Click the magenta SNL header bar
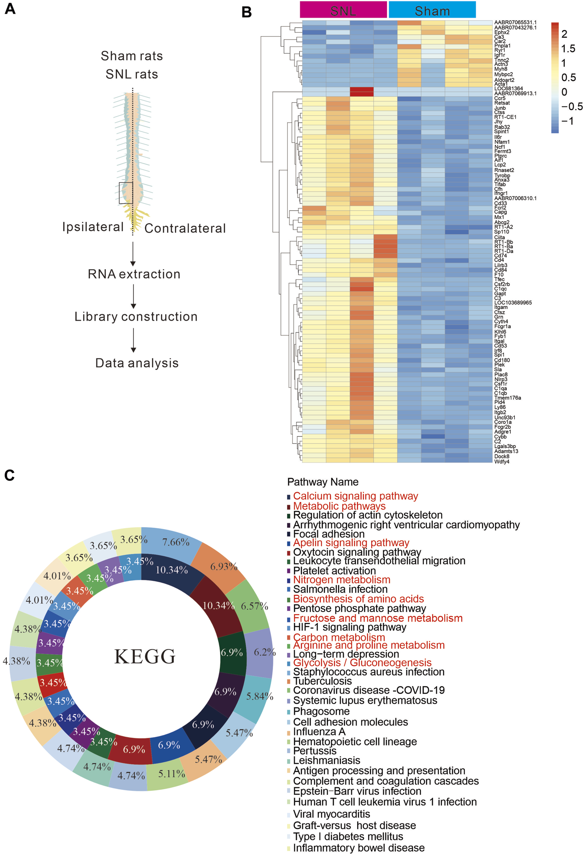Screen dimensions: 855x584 coord(343,10)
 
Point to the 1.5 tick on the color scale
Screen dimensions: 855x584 coord(568,49)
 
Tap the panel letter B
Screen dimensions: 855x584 coord(246,12)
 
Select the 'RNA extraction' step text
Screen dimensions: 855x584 coord(134,274)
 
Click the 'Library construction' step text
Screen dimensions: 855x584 coord(136,316)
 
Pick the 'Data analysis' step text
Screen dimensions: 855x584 coord(137,363)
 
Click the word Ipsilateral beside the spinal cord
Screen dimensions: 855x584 coord(93,227)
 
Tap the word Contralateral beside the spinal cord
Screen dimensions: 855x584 coord(185,228)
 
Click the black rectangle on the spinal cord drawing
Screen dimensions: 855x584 coord(126,193)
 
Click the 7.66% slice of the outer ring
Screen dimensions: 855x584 coord(176,542)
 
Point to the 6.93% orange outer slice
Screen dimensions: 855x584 coord(223,567)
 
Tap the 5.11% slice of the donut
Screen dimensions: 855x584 coord(172,774)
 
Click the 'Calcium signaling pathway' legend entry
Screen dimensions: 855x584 coord(355,496)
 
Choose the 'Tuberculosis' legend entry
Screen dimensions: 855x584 coord(322,681)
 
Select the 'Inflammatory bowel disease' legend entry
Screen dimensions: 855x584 coord(358,848)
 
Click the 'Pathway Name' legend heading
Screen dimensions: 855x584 coord(322,482)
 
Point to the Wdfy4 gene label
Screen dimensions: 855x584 coord(502,461)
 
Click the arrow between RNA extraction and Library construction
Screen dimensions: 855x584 coord(133,296)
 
